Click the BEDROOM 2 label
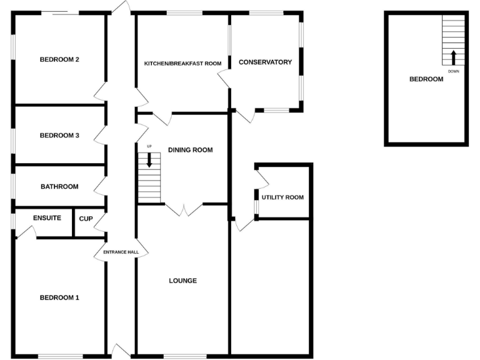[x=59, y=60]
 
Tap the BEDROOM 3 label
[x=59, y=135]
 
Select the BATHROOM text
[x=59, y=186]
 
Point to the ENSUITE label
[x=47, y=218]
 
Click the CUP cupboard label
[x=86, y=218]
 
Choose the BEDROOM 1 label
[x=59, y=297]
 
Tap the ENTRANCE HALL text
[x=121, y=252]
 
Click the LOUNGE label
[x=182, y=281]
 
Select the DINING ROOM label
[x=190, y=150]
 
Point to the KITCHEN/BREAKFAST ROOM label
[x=183, y=63]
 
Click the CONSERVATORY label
[x=266, y=62]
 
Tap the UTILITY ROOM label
[x=282, y=197]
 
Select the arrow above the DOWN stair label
[x=454, y=57]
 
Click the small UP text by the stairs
[x=149, y=146]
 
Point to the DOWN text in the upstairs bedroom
[x=454, y=71]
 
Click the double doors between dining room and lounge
[x=183, y=209]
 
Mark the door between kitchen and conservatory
[x=224, y=79]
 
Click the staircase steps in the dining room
[x=149, y=184]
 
